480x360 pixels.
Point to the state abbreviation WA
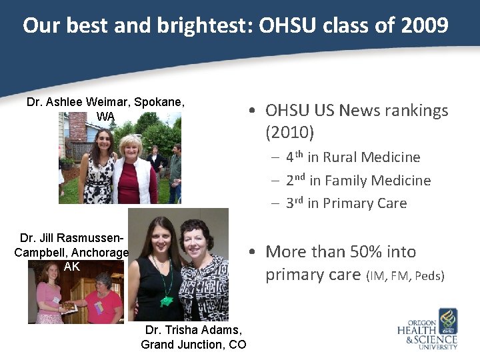pos(105,117)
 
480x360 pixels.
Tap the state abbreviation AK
pos(71,266)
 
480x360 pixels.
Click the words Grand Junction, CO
pos(193,345)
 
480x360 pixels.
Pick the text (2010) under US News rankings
pos(289,133)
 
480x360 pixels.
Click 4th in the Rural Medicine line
pos(295,157)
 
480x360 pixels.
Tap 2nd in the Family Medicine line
pos(295,180)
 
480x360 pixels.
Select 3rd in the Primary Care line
pos(295,203)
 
